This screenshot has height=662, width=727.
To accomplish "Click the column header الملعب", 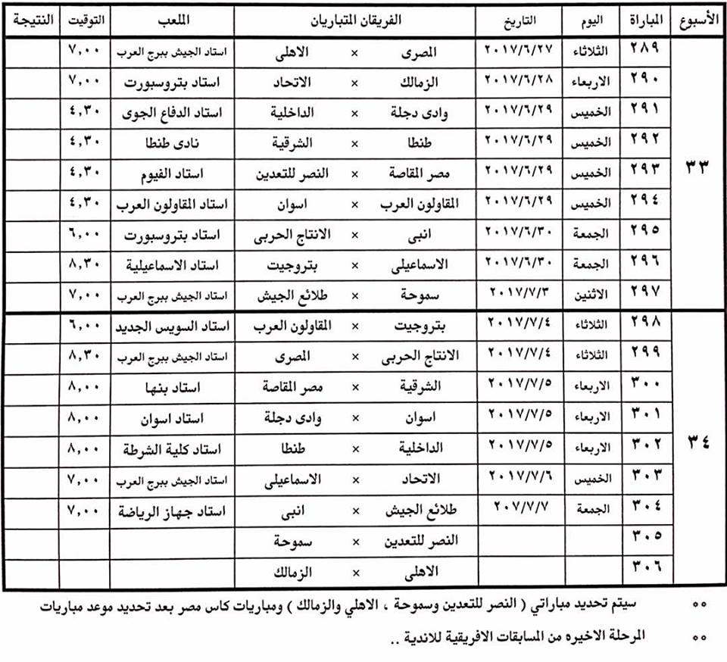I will pos(173,19).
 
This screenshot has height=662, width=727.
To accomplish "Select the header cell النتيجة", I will pos(29,19).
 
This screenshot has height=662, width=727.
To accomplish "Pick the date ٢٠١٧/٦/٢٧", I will pos(520,52).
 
